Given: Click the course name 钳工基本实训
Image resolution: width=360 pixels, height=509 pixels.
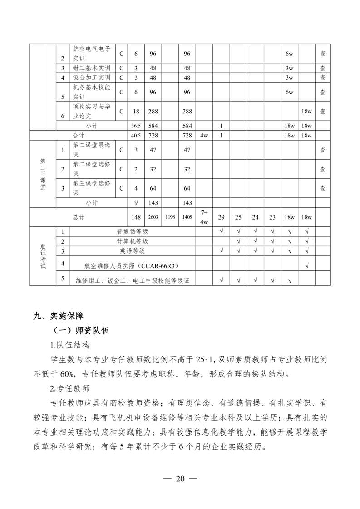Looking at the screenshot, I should click(x=91, y=68).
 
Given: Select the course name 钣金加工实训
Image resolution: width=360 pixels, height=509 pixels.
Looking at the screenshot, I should click(x=91, y=78).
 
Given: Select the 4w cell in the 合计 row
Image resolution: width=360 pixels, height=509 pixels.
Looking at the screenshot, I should click(x=204, y=136).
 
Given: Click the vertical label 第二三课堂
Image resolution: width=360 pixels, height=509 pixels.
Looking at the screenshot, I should click(x=43, y=174).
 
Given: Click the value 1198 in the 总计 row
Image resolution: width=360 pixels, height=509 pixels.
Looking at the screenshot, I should click(x=170, y=217).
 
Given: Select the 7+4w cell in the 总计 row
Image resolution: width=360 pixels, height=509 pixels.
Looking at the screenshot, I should click(x=204, y=217).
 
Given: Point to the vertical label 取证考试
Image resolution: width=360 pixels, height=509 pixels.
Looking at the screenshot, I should click(x=43, y=256).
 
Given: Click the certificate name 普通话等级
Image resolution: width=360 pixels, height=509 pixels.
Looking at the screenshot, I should click(x=133, y=231).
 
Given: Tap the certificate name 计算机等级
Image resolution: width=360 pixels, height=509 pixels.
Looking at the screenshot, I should click(x=133, y=241).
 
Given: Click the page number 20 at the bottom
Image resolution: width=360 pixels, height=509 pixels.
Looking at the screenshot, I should click(x=180, y=479).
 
